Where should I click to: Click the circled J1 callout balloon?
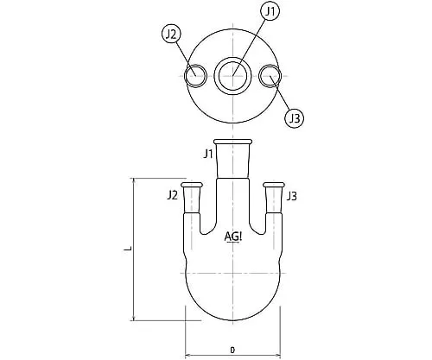270,11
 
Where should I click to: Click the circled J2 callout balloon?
171,35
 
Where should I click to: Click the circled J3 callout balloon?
295,118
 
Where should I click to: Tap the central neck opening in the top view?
232,76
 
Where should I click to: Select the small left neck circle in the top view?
195,76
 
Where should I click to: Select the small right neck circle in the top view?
270,76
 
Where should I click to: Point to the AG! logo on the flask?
233,237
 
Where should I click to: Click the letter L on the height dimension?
128,248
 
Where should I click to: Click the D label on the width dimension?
232,350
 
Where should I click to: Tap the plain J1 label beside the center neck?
208,154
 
